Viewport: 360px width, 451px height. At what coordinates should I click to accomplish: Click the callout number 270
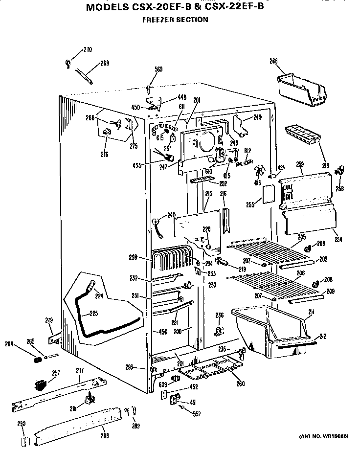87,49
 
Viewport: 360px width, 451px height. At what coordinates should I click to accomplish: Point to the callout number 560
158,69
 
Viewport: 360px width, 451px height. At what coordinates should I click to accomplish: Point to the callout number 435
136,165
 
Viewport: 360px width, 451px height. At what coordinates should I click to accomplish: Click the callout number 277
79,371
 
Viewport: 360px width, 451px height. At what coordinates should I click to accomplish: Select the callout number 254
338,239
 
